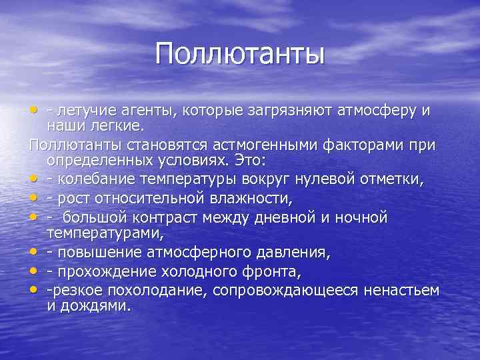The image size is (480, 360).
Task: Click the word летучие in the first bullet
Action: click(x=85, y=110)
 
